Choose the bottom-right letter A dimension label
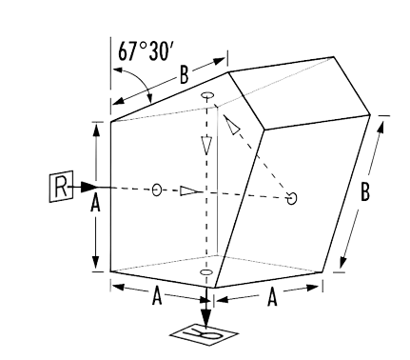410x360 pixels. tap(271, 297)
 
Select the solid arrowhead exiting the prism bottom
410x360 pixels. tap(205, 313)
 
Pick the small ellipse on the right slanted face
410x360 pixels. tap(292, 198)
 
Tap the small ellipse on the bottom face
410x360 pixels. tap(205, 274)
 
